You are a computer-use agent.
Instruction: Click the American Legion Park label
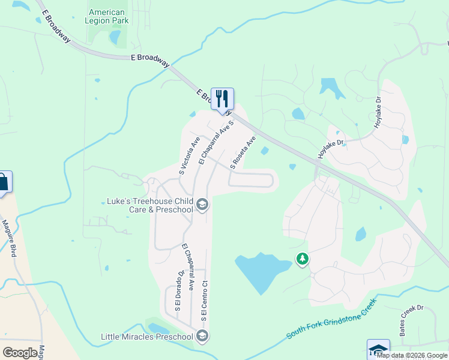(x=107, y=16)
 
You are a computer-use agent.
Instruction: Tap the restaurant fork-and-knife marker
(x=222, y=99)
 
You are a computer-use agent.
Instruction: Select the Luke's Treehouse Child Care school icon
(x=202, y=205)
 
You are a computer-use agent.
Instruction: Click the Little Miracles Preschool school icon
(x=202, y=336)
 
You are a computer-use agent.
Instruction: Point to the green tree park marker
(x=303, y=259)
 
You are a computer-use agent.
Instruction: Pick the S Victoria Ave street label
(x=190, y=155)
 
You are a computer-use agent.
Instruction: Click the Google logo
(x=20, y=353)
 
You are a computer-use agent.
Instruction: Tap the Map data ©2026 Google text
(x=412, y=355)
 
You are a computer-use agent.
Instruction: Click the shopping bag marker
(x=3, y=182)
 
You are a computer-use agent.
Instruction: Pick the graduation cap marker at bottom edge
(x=378, y=350)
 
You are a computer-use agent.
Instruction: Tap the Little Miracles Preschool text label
(x=148, y=337)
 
